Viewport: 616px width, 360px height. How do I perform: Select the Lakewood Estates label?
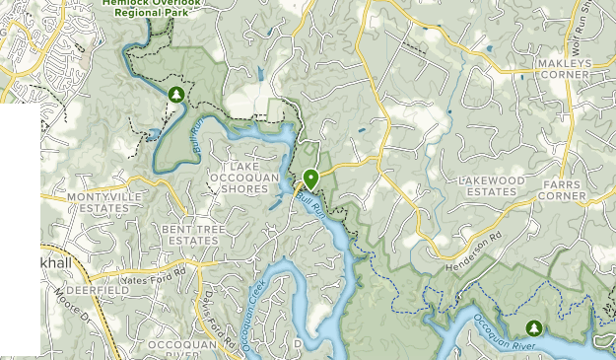click(x=491, y=185)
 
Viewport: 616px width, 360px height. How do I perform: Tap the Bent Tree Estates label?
click(x=192, y=234)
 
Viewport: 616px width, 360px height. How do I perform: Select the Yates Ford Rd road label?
click(x=154, y=272)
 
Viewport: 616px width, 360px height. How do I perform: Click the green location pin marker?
click(x=310, y=179)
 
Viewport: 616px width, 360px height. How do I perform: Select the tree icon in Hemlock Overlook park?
click(x=176, y=95)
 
